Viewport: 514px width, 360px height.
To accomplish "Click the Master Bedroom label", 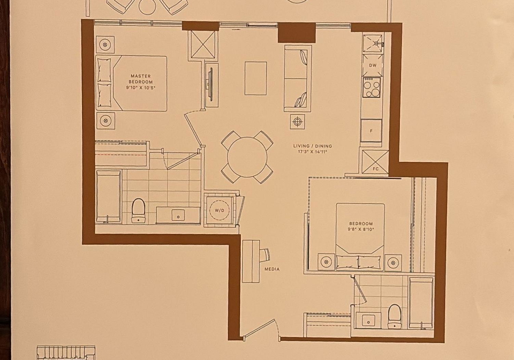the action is click(x=141, y=79).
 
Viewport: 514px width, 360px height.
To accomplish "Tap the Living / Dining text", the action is click(x=312, y=146).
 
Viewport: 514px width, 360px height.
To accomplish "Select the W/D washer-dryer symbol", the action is click(x=220, y=210).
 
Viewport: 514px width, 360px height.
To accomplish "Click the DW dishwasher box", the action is click(x=373, y=65).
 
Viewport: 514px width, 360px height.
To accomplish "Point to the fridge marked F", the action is click(x=371, y=131).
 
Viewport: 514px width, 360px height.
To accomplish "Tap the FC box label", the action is click(x=376, y=169).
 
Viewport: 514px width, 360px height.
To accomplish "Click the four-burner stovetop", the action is click(x=372, y=87).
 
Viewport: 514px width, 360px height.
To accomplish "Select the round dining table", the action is click(x=247, y=157).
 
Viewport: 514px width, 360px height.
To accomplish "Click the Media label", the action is click(x=272, y=269).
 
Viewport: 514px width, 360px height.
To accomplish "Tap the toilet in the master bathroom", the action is click(x=138, y=211).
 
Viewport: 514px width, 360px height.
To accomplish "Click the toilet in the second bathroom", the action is click(x=395, y=316).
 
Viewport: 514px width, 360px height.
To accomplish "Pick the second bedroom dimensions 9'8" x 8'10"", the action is click(x=360, y=229).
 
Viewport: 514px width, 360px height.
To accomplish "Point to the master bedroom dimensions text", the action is click(x=141, y=87).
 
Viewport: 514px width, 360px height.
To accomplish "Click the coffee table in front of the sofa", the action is click(x=256, y=78).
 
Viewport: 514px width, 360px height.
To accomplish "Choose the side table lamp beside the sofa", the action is click(x=297, y=122).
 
